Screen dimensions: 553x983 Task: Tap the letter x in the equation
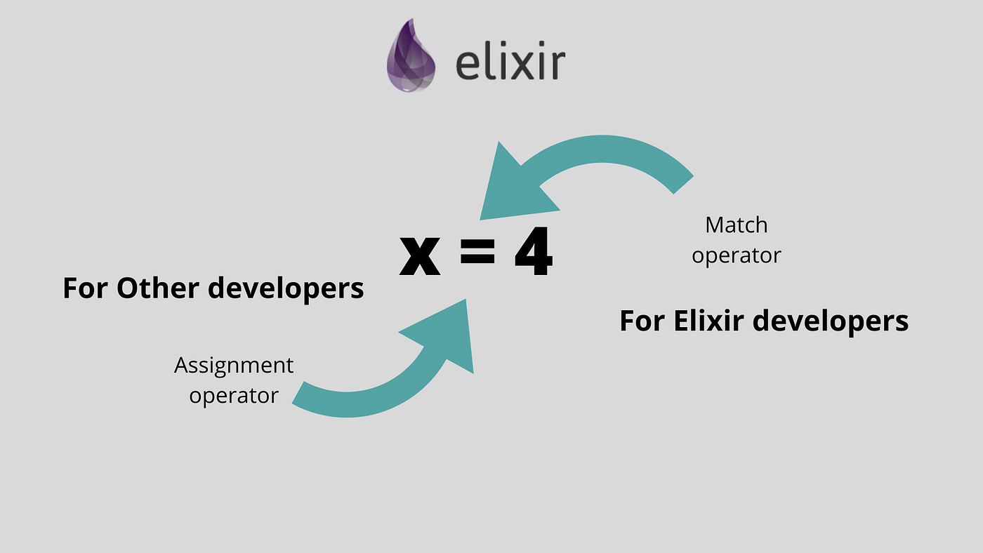click(419, 254)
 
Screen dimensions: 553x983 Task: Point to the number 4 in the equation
click(534, 254)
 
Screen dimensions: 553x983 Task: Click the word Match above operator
click(737, 225)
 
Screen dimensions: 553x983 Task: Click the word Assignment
click(234, 366)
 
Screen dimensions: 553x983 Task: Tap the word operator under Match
click(737, 255)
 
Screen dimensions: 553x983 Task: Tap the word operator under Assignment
click(234, 396)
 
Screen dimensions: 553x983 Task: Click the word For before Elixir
click(642, 321)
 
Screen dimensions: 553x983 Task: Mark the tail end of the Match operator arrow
click(682, 182)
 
